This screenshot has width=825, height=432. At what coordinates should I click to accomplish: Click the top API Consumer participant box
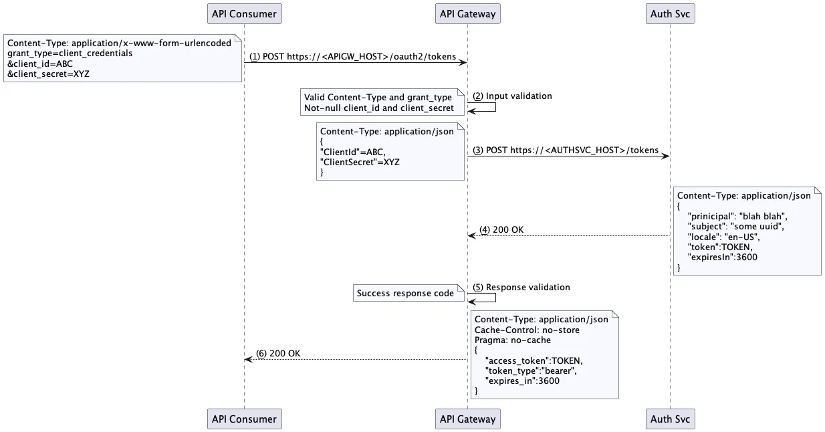[x=244, y=14]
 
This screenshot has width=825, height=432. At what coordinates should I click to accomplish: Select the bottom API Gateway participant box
[x=468, y=419]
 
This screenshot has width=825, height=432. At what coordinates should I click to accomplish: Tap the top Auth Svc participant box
[x=671, y=14]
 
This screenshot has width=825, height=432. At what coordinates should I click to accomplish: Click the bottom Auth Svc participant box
[x=671, y=419]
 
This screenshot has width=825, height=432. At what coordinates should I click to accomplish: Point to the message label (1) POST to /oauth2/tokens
[x=353, y=57]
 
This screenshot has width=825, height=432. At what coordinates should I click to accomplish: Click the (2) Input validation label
[x=512, y=96]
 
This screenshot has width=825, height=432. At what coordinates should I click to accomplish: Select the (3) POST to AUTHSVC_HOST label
[x=566, y=150]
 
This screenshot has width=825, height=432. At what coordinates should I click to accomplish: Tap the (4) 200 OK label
[x=501, y=230]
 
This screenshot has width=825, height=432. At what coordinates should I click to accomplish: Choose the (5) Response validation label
[x=521, y=288]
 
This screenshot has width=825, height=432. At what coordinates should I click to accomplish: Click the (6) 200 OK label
[x=278, y=354]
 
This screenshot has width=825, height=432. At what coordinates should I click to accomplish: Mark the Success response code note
[x=408, y=293]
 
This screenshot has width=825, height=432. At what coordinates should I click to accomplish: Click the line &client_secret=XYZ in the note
[x=48, y=74]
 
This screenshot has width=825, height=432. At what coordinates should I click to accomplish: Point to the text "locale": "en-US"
[x=724, y=237]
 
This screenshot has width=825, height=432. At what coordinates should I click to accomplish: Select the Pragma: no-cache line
[x=513, y=340]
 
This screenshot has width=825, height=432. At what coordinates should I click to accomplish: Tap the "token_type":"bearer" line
[x=531, y=371]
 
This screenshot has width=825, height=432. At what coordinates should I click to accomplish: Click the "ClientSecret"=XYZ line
[x=360, y=162]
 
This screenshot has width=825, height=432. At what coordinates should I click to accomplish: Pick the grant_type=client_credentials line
[x=70, y=53]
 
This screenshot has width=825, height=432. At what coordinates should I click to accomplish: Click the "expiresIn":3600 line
[x=723, y=257]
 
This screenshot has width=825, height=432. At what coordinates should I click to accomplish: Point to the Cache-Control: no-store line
[x=527, y=330]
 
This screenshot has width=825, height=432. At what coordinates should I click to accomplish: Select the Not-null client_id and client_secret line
[x=379, y=108]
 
